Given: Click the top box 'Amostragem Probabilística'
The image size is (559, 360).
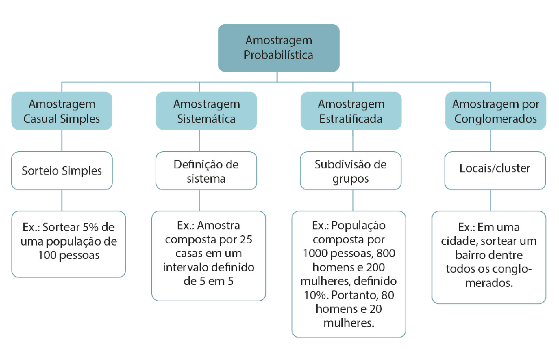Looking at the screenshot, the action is [x=279, y=48].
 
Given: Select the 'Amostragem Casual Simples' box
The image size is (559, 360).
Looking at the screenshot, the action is [x=62, y=110].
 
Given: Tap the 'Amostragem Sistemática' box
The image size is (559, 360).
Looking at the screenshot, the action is [x=206, y=110].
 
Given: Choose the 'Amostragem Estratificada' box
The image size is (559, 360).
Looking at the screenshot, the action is [x=351, y=110].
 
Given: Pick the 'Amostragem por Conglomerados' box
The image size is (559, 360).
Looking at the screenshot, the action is [x=496, y=110].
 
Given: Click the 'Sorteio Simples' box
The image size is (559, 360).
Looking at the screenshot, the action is [x=62, y=171].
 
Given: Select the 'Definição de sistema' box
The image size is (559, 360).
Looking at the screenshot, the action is [x=206, y=171].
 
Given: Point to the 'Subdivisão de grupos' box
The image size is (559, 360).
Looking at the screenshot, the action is [x=351, y=171].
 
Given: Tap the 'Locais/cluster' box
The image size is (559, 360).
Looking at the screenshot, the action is [x=495, y=171].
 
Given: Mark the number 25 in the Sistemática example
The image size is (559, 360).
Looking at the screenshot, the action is [x=246, y=240].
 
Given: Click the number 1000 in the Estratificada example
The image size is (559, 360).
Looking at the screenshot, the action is [x=315, y=254].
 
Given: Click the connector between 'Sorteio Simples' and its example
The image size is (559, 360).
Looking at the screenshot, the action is [x=62, y=201].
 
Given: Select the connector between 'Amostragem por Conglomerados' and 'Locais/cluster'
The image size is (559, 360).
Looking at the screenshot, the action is [x=491, y=140].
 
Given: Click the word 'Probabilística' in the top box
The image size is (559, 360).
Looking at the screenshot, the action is [x=279, y=55].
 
